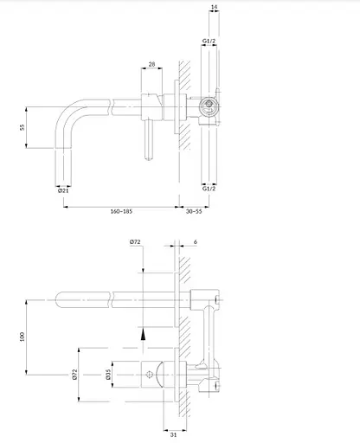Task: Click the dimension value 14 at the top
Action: [x=214, y=8]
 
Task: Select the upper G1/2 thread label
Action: [x=209, y=40]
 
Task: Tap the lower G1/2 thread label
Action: [x=209, y=188]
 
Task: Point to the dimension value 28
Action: [x=151, y=64]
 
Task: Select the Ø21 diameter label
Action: [x=63, y=191]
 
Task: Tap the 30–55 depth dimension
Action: [x=193, y=210]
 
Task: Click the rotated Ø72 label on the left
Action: [x=76, y=375]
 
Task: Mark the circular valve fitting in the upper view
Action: [x=206, y=109]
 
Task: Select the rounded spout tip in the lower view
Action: [x=61, y=299]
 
